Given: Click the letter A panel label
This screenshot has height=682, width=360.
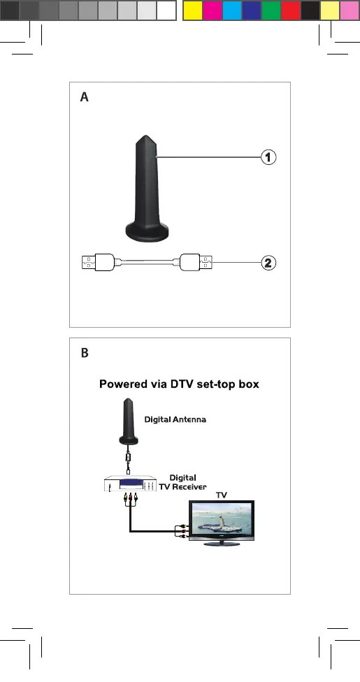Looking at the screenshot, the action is (x=84, y=97).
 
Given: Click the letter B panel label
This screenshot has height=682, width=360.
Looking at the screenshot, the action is (x=85, y=353).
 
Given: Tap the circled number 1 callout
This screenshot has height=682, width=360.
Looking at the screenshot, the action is (x=268, y=157).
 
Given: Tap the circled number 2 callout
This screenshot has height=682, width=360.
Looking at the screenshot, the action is (x=268, y=263).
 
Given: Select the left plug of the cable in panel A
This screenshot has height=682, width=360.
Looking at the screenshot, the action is (x=99, y=262).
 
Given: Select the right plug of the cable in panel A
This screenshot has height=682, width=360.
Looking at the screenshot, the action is (x=196, y=262).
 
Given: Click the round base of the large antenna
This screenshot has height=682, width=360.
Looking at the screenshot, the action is (x=147, y=231).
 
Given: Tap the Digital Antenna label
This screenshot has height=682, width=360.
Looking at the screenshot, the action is (x=175, y=420).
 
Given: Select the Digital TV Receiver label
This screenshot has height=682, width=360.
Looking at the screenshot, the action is (x=183, y=482).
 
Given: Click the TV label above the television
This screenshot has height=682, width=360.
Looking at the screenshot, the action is (x=222, y=495).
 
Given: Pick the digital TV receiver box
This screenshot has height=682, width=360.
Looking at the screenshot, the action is (x=130, y=484).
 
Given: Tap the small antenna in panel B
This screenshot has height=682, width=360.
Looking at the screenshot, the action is (x=128, y=421).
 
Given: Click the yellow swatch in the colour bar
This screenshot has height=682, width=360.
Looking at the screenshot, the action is (x=192, y=10).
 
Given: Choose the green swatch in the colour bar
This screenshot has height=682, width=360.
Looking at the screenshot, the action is (x=271, y=10).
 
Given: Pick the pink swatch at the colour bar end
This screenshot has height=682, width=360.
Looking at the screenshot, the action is (x=349, y=10).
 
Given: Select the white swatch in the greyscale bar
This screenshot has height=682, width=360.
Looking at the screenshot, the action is (x=166, y=10).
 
